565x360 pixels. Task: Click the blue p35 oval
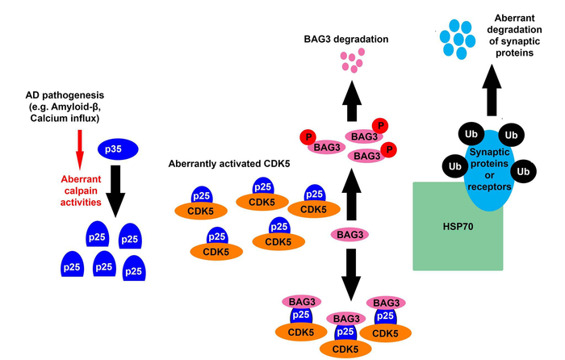click(x=118, y=149)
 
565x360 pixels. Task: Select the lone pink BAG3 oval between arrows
click(x=350, y=235)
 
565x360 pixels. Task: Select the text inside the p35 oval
click(x=118, y=149)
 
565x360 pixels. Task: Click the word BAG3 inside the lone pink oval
click(x=350, y=235)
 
